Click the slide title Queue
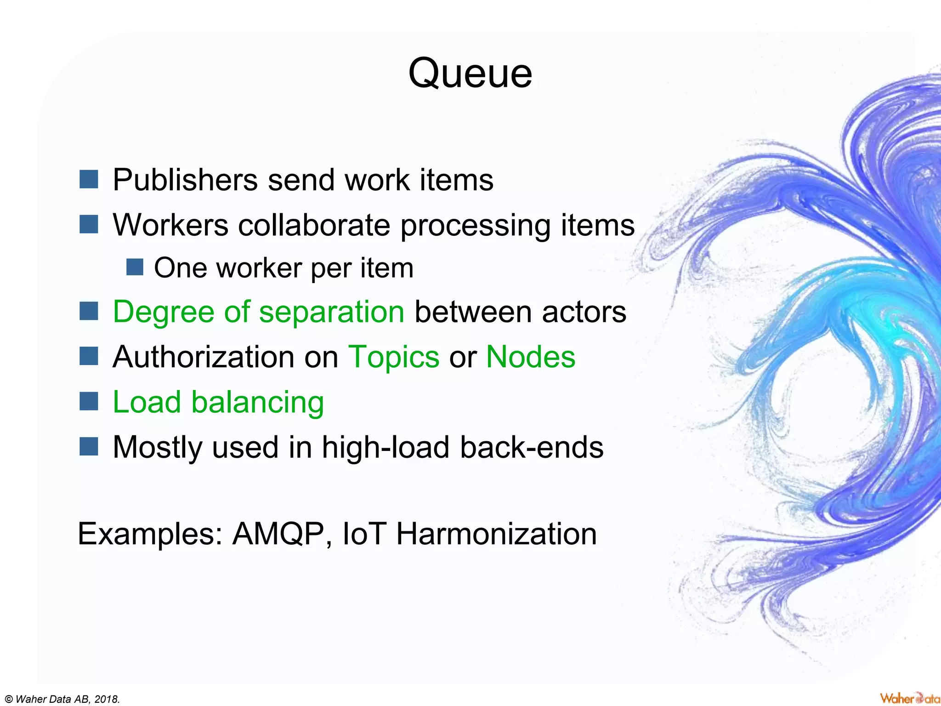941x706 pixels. (x=470, y=74)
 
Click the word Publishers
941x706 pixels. (x=185, y=180)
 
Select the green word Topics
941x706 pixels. (x=394, y=357)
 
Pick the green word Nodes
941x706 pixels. (x=530, y=357)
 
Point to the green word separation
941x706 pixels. (x=331, y=312)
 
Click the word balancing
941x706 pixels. (x=257, y=402)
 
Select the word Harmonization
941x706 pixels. (x=496, y=534)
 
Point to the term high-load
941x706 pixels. (x=385, y=447)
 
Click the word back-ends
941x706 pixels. (x=532, y=447)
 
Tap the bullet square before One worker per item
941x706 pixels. (x=135, y=267)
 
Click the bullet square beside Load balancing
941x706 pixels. (x=89, y=401)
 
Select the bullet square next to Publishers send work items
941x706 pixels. (x=89, y=179)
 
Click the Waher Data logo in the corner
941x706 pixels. (x=909, y=698)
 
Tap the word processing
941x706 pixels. (x=475, y=225)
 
